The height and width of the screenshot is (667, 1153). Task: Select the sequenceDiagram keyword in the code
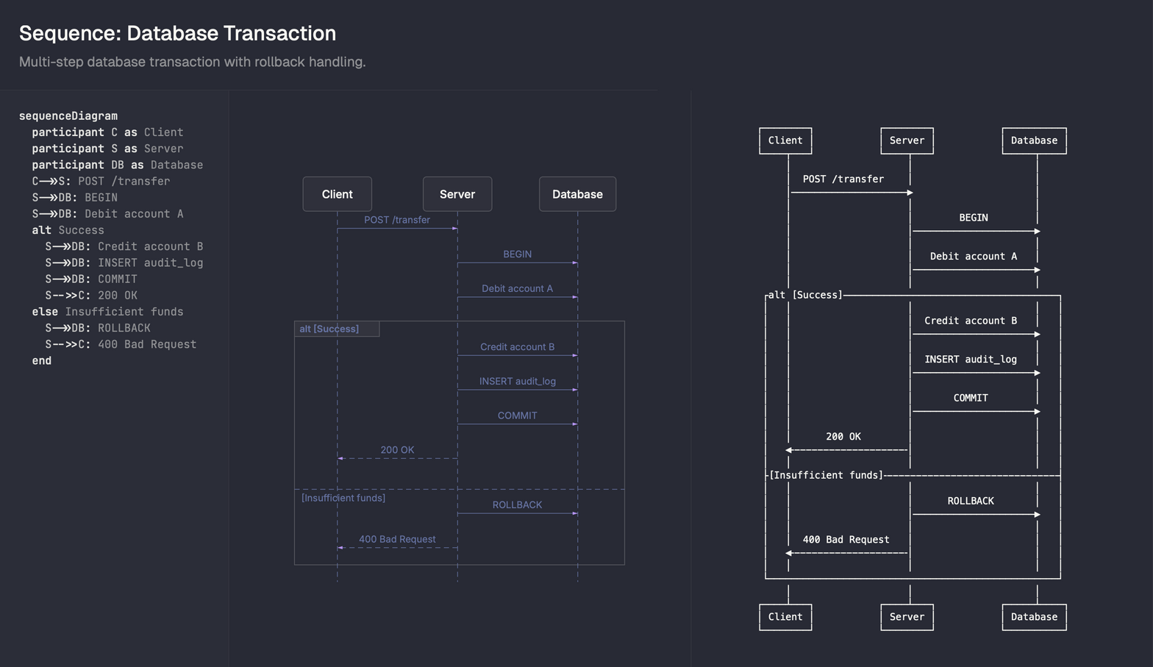coord(68,116)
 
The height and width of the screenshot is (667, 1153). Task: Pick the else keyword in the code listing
coord(45,312)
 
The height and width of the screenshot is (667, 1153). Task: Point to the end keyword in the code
coord(42,360)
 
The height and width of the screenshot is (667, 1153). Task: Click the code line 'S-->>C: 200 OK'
coord(91,296)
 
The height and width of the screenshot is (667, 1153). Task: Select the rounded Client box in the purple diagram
coord(338,194)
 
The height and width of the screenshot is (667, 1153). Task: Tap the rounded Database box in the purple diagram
coord(577,194)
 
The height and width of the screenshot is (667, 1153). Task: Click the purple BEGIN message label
coord(517,254)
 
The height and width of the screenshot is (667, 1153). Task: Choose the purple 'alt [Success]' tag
coord(329,329)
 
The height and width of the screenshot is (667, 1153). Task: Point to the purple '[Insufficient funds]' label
coord(343,498)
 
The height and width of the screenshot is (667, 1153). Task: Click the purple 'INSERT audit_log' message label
coord(517,381)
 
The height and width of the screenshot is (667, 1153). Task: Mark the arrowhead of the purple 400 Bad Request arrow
coord(340,548)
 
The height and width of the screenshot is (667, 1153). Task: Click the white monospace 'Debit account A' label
coord(973,257)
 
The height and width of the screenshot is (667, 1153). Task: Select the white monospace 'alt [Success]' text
coord(805,295)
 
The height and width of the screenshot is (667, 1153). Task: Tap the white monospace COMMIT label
coord(971,398)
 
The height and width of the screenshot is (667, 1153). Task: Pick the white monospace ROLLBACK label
coord(971,501)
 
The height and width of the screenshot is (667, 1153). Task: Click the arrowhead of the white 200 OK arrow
coord(789,450)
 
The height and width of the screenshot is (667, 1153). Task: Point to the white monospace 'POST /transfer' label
coord(843,179)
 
